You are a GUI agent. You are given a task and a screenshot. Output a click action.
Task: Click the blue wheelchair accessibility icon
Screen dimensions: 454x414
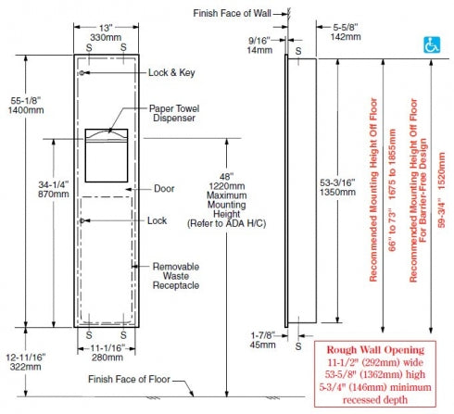pos(432,44)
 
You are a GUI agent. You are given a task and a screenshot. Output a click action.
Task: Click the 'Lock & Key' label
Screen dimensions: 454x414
pos(171,72)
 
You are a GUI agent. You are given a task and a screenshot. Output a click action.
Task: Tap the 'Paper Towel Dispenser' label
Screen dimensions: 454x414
pos(174,113)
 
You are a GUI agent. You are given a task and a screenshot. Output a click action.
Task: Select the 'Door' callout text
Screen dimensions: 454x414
pos(164,188)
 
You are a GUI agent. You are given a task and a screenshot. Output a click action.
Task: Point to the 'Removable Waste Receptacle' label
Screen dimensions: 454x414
pos(176,276)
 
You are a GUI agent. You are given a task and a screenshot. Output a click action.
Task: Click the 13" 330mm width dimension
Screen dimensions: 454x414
pos(106,32)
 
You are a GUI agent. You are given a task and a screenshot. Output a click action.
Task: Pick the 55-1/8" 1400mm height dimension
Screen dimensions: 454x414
pos(26,105)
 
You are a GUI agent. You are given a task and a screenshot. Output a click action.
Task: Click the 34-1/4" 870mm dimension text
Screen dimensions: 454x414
pos(54,189)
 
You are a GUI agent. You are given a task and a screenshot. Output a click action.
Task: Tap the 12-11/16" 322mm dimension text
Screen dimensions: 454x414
pos(26,362)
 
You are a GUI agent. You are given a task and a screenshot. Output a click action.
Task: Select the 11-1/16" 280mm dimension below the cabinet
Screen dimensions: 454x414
pos(107,353)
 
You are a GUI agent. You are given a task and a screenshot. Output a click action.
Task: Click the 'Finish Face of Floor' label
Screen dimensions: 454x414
pos(129,379)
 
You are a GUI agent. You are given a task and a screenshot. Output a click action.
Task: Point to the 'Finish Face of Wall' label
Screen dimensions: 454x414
pos(232,13)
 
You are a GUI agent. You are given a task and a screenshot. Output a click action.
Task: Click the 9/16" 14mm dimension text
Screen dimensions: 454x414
pos(259,45)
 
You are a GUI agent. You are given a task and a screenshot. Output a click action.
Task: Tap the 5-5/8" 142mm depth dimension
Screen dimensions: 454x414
pos(346,31)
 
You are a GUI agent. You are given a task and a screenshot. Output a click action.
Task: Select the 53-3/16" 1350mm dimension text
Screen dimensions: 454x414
pos(337,187)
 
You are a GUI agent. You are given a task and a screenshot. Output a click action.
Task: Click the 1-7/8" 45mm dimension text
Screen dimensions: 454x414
pos(262,340)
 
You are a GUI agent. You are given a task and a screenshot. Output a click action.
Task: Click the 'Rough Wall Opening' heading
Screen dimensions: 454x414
pos(375,350)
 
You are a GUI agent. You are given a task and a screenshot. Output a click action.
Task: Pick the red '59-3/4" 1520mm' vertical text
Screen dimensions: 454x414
pos(442,190)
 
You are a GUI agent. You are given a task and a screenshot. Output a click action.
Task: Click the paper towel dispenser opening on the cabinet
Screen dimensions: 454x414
pos(107,156)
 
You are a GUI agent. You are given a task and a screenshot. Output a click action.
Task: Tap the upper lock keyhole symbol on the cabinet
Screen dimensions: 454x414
pos(82,73)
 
